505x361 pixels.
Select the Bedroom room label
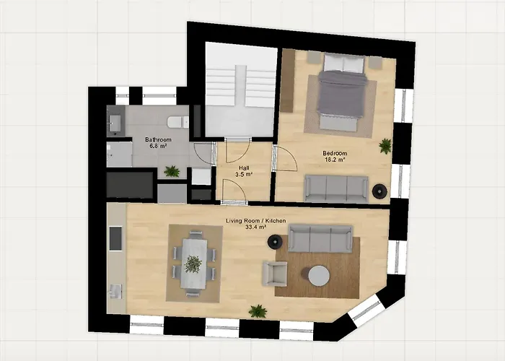tap(335, 153)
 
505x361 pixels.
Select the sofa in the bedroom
tap(336, 188)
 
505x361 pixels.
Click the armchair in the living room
tap(275, 273)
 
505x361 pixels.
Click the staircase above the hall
tap(240, 90)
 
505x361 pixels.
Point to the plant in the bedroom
tap(385, 146)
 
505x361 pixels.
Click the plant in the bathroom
tap(172, 171)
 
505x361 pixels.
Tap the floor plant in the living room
tap(258, 311)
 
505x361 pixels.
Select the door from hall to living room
tap(232, 191)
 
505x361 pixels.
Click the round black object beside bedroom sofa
tap(379, 191)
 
